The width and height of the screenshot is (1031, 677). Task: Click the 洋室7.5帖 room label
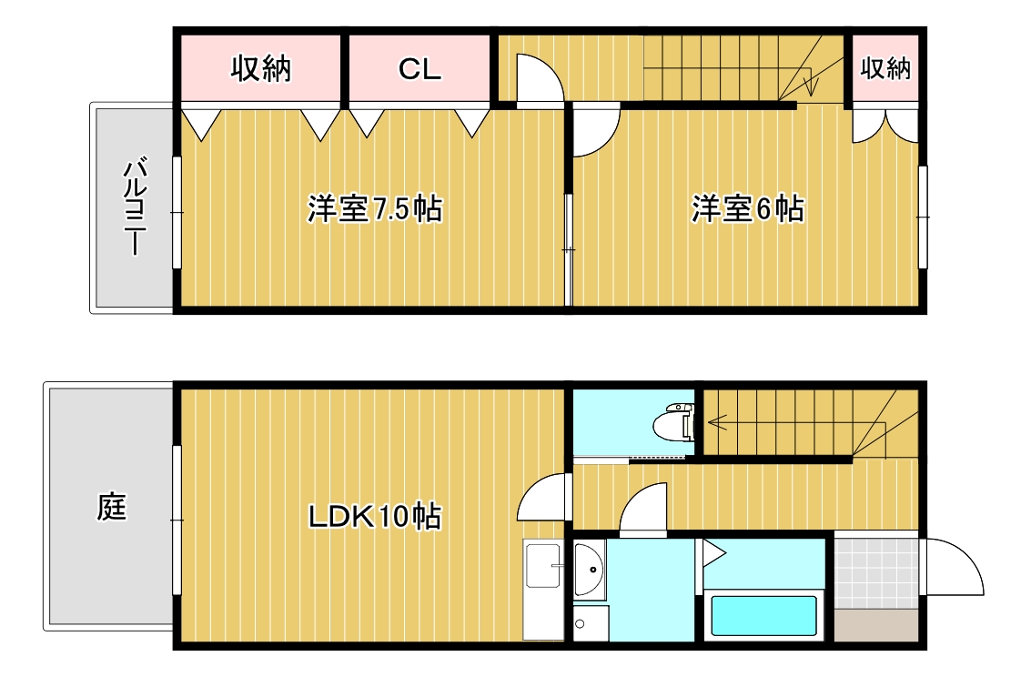coord(374,209)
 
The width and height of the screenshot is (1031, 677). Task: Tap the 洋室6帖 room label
coord(747,209)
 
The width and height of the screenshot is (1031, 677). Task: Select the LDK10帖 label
coord(374,517)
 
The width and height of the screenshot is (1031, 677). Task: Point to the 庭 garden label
coord(111,507)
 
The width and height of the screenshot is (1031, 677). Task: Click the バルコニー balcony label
coord(135,208)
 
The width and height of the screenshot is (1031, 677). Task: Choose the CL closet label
coord(419,69)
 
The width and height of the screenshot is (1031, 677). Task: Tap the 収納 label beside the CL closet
coord(260,69)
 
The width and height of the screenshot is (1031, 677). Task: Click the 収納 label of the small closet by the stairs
coord(885,68)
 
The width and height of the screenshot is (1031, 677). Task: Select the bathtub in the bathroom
coord(763,616)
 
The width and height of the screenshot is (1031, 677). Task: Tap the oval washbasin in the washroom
coord(589,570)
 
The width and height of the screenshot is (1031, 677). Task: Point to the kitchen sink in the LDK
coord(544,569)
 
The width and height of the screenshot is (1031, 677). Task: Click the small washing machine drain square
coord(580,624)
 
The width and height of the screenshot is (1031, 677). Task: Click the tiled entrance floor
coord(876,572)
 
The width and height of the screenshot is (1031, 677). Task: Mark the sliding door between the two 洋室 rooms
coord(569,249)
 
